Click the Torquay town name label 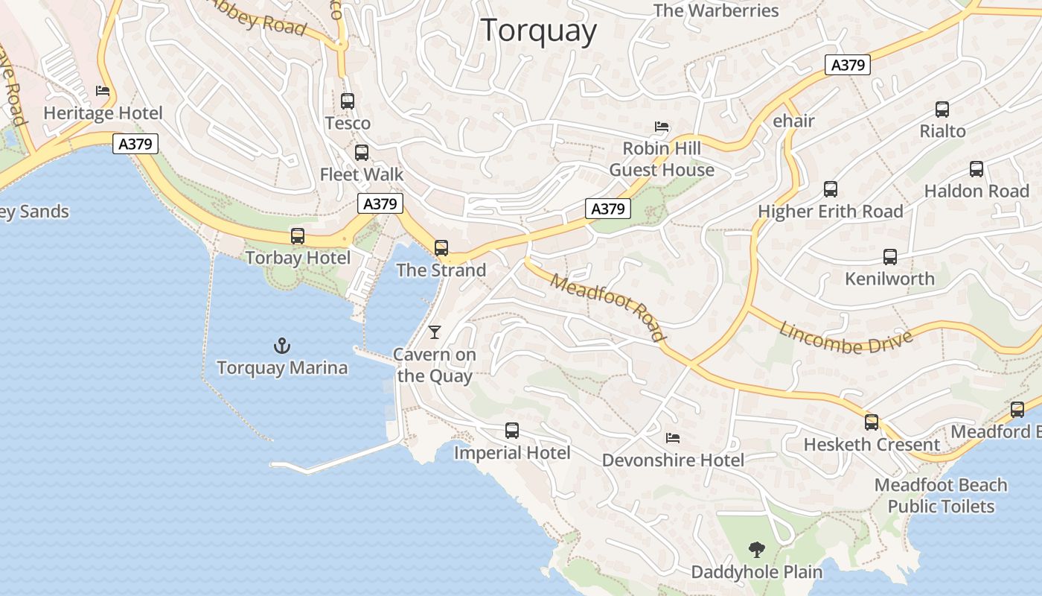[x=539, y=31]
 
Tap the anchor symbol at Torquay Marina [x=282, y=346]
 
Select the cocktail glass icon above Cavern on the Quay [x=435, y=332]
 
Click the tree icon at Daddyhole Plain [x=757, y=551]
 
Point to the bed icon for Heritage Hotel [x=103, y=92]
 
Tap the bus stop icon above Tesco [x=348, y=101]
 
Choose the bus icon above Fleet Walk [x=362, y=153]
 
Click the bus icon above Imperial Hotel [x=512, y=431]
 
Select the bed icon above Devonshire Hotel [x=673, y=438]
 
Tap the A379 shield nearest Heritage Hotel [x=135, y=144]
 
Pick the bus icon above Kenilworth [x=890, y=257]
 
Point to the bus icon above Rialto [x=942, y=110]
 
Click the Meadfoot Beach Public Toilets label [x=941, y=495]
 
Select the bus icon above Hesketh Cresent [x=872, y=422]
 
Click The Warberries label [x=716, y=10]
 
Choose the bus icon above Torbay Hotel [x=298, y=236]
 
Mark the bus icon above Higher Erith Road [x=831, y=189]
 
